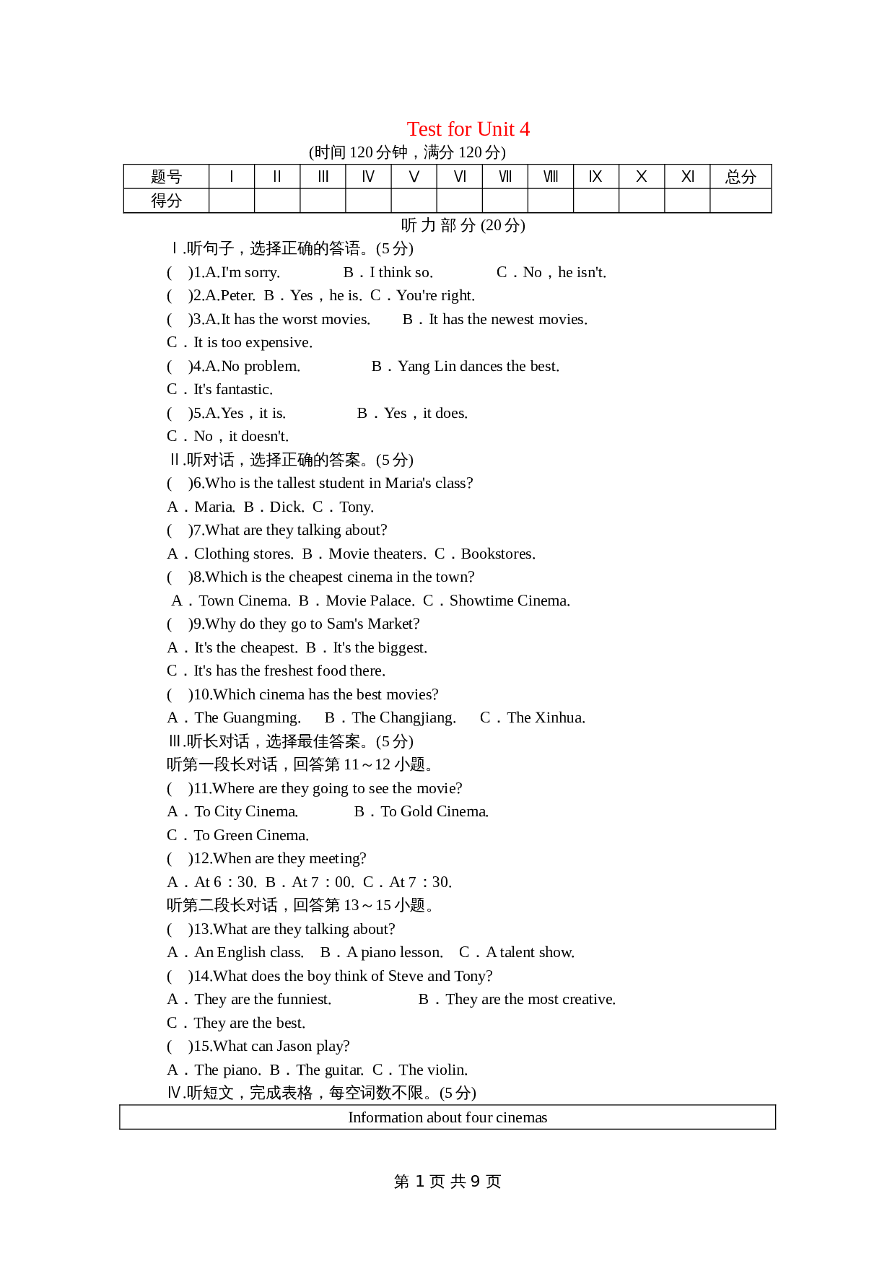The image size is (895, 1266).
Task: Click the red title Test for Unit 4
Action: pos(468,129)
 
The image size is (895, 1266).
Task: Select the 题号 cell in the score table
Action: pos(166,177)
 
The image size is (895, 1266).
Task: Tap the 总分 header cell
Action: pos(741,177)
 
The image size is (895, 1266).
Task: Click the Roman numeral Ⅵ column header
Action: pos(459,177)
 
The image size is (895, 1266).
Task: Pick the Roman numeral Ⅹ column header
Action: pos(641,177)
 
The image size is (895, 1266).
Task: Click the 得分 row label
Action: pos(166,201)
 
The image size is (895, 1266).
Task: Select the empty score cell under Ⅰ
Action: pos(231,201)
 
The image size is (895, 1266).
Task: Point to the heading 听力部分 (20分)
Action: pos(463,225)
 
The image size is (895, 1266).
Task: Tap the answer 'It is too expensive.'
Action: pos(253,342)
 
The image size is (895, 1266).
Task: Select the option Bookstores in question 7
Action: pos(497,554)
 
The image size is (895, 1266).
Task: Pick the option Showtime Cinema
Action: pos(509,601)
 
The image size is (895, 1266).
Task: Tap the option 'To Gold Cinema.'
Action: pos(434,811)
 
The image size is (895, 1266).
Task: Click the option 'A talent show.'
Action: pos(530,952)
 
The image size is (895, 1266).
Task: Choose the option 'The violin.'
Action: pos(432,1070)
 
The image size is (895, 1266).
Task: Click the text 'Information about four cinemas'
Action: pos(447,1117)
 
